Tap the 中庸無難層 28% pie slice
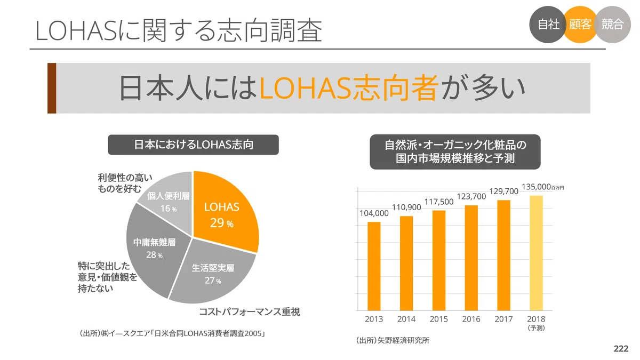[154, 251]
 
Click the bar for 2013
[374, 266]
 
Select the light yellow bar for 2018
[537, 253]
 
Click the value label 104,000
[374, 213]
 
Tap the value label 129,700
[503, 191]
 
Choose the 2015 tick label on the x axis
[438, 319]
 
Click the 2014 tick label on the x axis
[406, 319]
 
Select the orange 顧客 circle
[580, 25]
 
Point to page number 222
[621, 349]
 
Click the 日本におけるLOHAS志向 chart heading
[194, 145]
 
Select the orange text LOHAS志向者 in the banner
[349, 88]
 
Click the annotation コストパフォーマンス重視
[250, 311]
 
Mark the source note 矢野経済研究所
[403, 340]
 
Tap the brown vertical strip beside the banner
[52, 89]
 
